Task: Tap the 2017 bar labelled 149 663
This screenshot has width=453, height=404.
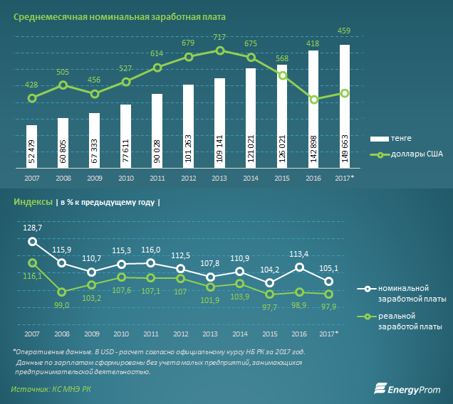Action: coord(344,107)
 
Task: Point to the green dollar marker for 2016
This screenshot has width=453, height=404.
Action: coord(313,100)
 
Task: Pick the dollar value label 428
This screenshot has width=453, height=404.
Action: coord(31,85)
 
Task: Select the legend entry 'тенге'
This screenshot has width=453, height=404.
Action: coord(401,138)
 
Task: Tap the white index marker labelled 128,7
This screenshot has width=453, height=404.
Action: coord(31,242)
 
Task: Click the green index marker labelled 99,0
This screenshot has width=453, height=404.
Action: coord(62,292)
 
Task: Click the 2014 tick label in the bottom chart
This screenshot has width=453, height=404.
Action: coord(239,334)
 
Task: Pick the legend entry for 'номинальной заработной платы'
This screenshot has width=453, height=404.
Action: coord(416,294)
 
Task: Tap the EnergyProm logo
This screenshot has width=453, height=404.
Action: coord(407,388)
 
